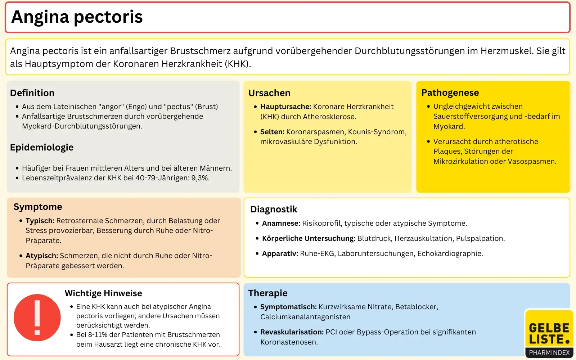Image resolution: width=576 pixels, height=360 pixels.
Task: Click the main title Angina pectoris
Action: click(x=77, y=17)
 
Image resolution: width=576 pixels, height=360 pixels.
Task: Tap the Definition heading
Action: click(x=32, y=93)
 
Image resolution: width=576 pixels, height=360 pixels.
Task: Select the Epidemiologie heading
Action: click(x=42, y=147)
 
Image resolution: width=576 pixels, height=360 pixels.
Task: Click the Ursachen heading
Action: click(x=269, y=93)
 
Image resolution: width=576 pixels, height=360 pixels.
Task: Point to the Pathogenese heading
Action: click(x=450, y=93)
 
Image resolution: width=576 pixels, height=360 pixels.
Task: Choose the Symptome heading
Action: click(x=38, y=207)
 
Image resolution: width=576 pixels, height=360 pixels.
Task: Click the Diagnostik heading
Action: click(x=274, y=209)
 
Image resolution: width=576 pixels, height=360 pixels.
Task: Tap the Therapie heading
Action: click(x=268, y=293)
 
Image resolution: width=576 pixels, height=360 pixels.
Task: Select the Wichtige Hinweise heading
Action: click(x=103, y=293)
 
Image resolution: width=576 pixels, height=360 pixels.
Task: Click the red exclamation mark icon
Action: click(x=37, y=318)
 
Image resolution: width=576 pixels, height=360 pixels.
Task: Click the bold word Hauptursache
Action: click(x=285, y=107)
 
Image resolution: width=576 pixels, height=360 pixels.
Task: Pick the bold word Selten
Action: click(x=272, y=132)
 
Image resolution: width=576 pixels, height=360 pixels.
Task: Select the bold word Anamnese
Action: click(x=281, y=223)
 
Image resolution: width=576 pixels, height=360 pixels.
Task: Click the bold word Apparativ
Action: click(x=280, y=253)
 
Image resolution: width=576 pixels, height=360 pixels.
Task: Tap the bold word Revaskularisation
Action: click(x=292, y=332)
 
